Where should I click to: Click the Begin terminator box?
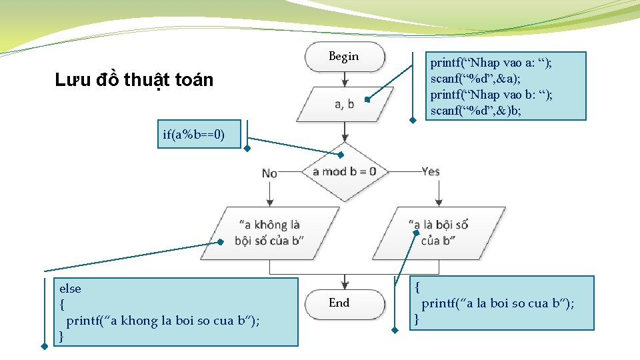click(x=345, y=57)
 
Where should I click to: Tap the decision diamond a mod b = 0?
click(x=344, y=171)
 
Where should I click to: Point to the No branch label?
click(x=269, y=173)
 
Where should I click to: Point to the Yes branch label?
click(x=431, y=171)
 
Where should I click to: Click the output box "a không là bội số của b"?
click(x=269, y=233)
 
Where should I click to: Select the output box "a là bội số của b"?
click(x=439, y=233)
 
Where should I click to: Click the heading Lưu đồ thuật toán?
click(x=134, y=81)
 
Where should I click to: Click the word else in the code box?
click(x=70, y=289)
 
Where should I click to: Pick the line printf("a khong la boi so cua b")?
click(x=163, y=321)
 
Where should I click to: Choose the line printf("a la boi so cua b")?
click(x=497, y=303)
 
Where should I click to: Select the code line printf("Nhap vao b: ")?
click(x=491, y=95)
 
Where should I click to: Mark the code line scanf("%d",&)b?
click(x=476, y=111)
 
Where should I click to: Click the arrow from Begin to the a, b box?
click(x=345, y=79)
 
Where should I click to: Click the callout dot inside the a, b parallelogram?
click(x=367, y=99)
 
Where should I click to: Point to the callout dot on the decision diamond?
click(x=341, y=155)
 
